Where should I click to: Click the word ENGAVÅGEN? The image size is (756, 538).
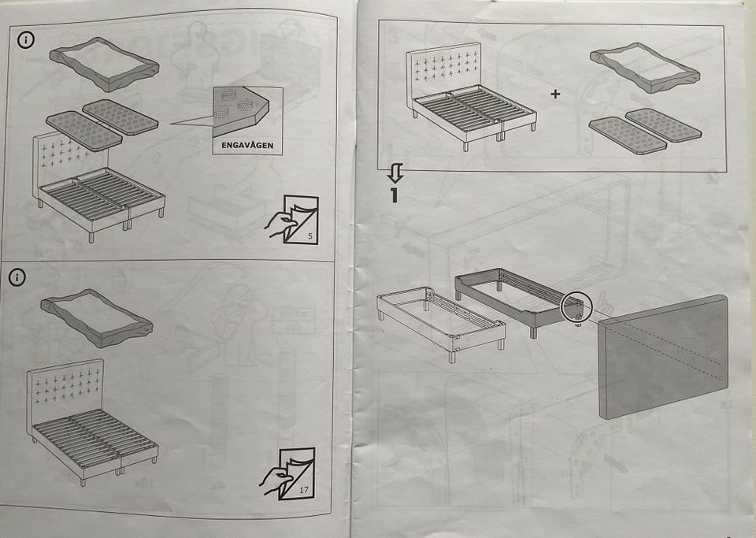(247, 145)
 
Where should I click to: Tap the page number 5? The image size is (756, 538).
(310, 236)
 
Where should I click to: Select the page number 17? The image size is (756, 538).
(304, 490)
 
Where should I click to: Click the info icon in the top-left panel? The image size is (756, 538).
(26, 40)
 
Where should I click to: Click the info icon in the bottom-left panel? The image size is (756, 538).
(17, 277)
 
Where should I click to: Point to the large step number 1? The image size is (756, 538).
(395, 195)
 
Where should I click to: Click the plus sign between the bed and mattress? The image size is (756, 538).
(555, 94)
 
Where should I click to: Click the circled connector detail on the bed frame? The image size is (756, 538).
(576, 307)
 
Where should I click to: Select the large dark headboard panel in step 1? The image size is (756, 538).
(664, 356)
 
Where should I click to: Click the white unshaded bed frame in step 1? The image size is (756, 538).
(441, 323)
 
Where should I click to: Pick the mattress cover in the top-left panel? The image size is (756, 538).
(104, 64)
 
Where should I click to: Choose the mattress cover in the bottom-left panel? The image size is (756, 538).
(96, 318)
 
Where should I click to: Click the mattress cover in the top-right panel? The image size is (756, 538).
(645, 67)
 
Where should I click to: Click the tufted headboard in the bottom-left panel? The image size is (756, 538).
(65, 388)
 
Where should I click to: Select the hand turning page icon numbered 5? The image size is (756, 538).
(291, 219)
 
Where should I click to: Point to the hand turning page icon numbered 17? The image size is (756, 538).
(287, 473)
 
